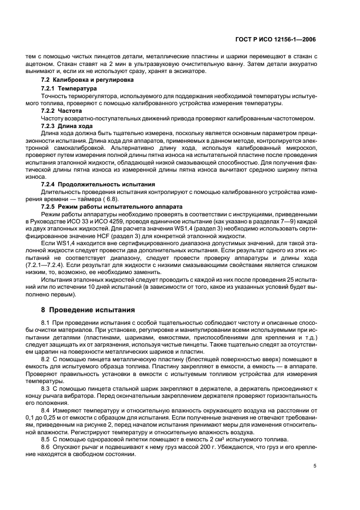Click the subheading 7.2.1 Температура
point(69,88)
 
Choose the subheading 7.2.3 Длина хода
point(67,126)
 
